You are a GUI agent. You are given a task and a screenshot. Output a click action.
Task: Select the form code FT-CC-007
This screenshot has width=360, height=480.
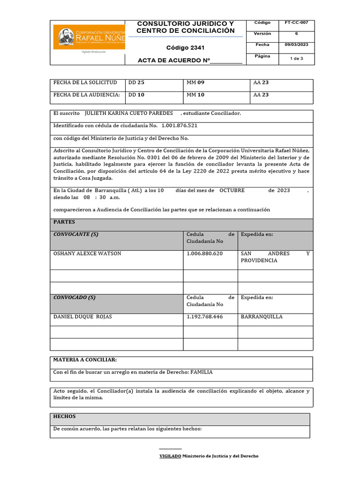[296, 22]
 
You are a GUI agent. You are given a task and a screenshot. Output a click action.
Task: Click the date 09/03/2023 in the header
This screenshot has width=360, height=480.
[296, 45]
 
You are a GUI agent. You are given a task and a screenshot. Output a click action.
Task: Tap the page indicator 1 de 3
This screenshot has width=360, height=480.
[296, 59]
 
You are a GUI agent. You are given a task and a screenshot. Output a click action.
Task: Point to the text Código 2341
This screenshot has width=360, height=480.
[185, 48]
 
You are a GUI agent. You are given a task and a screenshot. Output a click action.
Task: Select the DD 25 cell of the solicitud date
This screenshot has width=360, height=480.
[136, 82]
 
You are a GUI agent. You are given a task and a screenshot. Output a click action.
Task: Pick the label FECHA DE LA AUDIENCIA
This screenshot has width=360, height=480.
[87, 95]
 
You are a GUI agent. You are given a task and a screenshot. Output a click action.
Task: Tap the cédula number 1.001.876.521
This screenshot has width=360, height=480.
[179, 126]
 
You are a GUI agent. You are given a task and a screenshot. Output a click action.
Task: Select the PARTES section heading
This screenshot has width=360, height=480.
[64, 222]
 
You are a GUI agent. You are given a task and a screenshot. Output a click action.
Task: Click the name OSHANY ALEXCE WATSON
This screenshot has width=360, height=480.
[87, 254]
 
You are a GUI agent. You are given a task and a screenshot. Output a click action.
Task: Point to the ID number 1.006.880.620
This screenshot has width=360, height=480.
[204, 254]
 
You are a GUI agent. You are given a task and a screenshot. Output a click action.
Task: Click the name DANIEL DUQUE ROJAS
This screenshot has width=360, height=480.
[82, 317]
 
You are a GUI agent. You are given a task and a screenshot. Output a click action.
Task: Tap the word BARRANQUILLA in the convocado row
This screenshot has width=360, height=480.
[262, 317]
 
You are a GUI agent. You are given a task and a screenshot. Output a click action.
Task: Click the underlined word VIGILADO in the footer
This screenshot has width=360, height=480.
[170, 456]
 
